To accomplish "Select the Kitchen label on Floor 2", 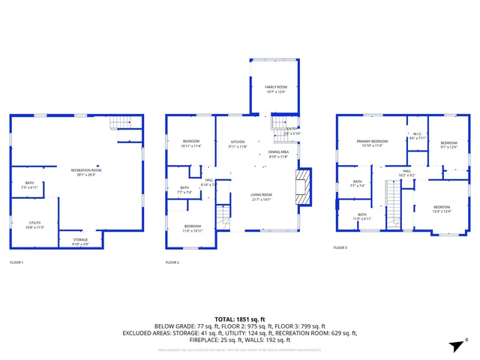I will (x=238, y=143).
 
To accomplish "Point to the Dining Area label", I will (x=278, y=154).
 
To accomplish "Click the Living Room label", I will (x=261, y=196).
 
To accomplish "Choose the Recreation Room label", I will (x=86, y=172).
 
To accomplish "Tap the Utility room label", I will (x=35, y=224).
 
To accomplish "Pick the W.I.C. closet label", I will (x=417, y=136).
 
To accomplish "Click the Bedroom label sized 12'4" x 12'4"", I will (x=441, y=209).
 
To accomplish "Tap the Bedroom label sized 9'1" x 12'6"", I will (x=448, y=145).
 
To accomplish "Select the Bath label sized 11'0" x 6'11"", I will (x=362, y=217).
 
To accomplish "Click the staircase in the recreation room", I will (x=120, y=124).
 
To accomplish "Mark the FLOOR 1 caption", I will (x=16, y=262).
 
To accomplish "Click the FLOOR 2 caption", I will (x=172, y=262).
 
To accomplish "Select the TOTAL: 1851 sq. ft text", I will (x=239, y=319).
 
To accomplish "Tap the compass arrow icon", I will (x=454, y=345).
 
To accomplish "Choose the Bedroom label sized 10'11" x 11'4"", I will (x=191, y=144).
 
